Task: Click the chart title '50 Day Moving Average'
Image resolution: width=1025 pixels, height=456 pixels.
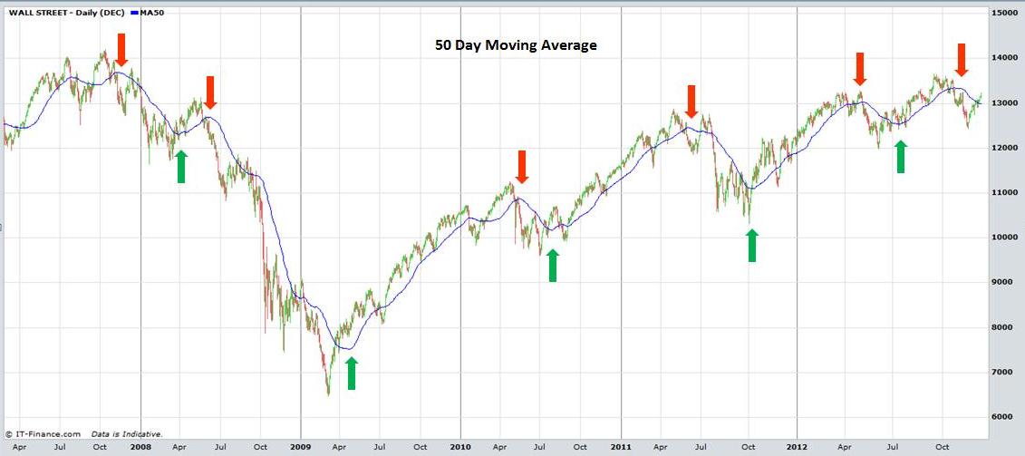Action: pos(513,44)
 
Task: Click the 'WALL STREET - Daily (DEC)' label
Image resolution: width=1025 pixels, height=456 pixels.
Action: pos(61,12)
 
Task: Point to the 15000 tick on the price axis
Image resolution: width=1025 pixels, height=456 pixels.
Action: pos(1006,14)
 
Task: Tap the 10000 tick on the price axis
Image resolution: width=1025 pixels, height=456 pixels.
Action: pos(1006,238)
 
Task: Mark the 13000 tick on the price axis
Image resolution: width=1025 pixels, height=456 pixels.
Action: pos(1006,103)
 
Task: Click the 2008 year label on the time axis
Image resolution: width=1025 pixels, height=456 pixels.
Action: pos(140,447)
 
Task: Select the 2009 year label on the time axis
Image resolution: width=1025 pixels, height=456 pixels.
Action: pos(300,447)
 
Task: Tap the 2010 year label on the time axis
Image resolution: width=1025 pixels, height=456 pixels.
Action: pos(460,447)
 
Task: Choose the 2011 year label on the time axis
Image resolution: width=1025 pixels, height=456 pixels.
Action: pos(621,447)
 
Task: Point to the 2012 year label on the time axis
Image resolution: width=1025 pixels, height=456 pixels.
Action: pos(797,447)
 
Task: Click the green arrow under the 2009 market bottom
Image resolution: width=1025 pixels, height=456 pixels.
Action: pos(352,374)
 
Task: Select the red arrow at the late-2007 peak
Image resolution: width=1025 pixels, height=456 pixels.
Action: pos(121,49)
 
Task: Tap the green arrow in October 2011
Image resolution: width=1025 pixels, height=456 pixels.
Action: pos(751,246)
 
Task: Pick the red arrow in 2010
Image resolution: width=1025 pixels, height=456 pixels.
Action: pos(521,167)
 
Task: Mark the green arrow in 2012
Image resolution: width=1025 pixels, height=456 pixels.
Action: pos(900,157)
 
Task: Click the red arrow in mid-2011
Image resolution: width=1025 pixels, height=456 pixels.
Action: pos(691,101)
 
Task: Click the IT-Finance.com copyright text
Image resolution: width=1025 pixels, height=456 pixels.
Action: pos(43,434)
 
